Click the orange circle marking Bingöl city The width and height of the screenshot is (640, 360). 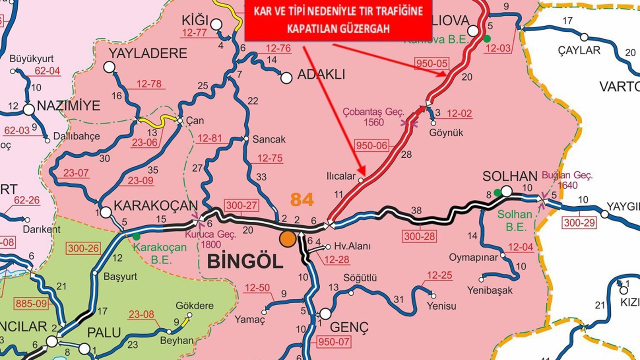(287, 238)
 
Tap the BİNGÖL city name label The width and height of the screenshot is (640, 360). (245, 260)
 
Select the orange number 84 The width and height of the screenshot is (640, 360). (302, 200)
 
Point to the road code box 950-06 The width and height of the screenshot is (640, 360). (371, 145)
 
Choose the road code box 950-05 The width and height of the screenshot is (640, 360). (432, 63)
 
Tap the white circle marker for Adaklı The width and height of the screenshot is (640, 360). (286, 78)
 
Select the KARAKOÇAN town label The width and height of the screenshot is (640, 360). (156, 205)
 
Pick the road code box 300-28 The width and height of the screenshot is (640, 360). (420, 236)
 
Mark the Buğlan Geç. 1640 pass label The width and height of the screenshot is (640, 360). (567, 180)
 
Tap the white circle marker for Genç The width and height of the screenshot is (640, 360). (325, 314)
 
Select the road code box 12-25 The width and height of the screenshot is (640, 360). (440, 275)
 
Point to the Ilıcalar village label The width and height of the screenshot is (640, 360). (341, 176)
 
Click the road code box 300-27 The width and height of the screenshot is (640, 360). (241, 205)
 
